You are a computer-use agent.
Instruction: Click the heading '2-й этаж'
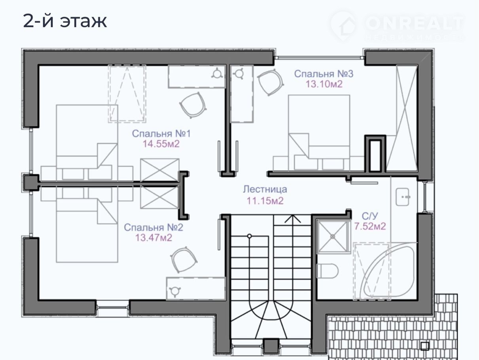tap(65, 21)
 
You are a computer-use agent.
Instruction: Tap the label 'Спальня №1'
tap(161, 134)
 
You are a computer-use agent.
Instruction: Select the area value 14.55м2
tap(161, 144)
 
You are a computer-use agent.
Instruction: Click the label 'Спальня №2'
tap(153, 227)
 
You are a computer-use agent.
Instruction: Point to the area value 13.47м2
tap(153, 238)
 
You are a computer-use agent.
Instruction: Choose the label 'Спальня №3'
tap(324, 74)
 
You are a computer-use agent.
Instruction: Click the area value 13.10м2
tap(324, 84)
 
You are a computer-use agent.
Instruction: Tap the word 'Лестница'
tap(265, 189)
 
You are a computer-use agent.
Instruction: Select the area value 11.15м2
tap(265, 201)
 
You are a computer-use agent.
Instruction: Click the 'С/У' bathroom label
tap(370, 216)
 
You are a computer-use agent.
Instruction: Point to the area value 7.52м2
tap(370, 226)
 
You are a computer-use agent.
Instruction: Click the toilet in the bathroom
tap(327, 271)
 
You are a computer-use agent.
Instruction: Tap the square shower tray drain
tap(333, 236)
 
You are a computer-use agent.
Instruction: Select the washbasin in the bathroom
tap(403, 197)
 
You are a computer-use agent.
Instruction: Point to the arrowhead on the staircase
tap(293, 218)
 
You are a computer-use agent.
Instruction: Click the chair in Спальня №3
tap(270, 82)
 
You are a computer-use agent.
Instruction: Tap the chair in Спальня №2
tap(184, 260)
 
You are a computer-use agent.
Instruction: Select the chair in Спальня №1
tap(193, 105)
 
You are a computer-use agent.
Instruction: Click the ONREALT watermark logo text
tap(415, 23)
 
